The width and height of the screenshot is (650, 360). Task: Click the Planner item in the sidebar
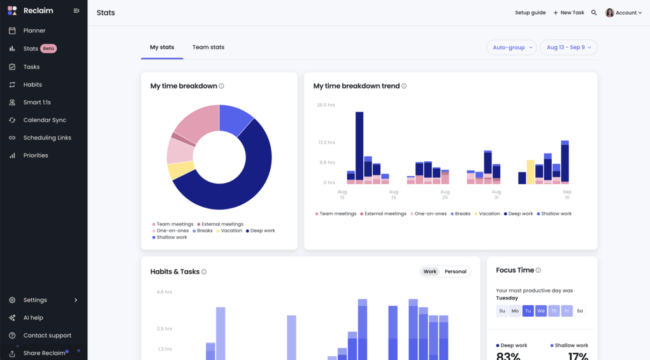click(x=34, y=31)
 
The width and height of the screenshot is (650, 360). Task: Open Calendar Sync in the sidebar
click(x=44, y=120)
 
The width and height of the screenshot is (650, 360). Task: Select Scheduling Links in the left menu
click(x=47, y=138)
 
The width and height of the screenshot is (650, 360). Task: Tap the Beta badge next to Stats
click(x=48, y=48)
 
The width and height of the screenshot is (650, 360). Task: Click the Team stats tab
click(x=208, y=47)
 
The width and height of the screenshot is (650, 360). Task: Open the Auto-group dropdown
click(x=512, y=47)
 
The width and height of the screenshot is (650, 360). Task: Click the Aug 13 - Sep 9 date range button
click(x=568, y=47)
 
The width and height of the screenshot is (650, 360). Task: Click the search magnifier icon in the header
click(x=594, y=13)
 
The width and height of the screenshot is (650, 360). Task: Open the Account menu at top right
click(x=624, y=13)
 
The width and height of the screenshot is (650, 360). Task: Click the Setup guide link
click(x=530, y=13)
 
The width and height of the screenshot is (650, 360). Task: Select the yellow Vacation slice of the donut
click(x=180, y=170)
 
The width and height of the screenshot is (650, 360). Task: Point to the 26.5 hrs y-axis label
click(x=326, y=105)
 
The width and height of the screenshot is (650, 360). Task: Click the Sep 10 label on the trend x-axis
click(x=567, y=194)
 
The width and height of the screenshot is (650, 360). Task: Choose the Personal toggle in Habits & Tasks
click(x=455, y=271)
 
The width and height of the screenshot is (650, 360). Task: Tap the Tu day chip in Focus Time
click(x=528, y=311)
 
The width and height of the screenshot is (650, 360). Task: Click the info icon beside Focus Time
click(x=538, y=270)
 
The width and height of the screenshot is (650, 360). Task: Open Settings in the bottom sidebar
click(x=35, y=300)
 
